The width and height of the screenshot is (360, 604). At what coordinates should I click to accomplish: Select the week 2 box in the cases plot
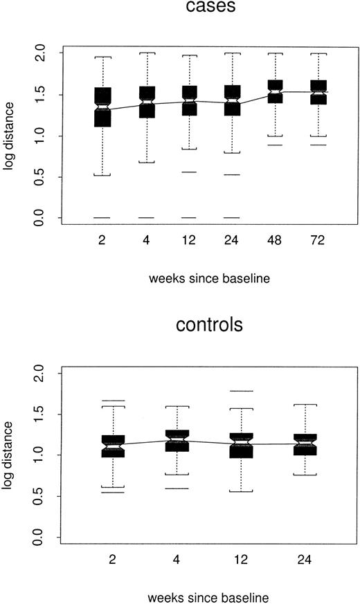point(102,107)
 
